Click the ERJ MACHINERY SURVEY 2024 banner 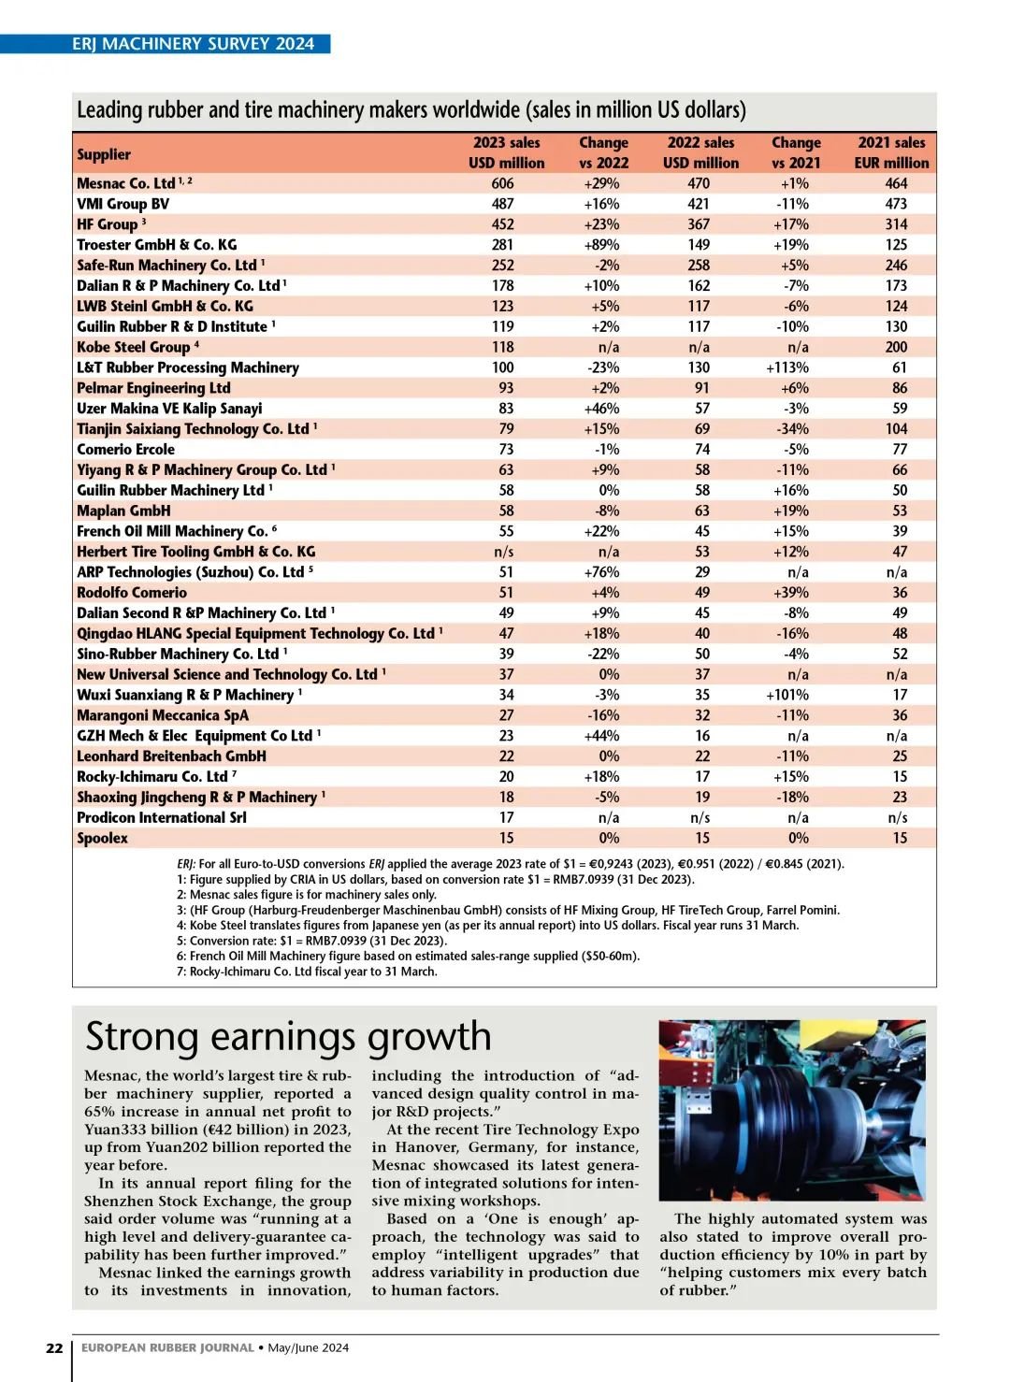pos(193,44)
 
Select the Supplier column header pos(104,154)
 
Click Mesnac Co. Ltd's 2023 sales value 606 pos(503,183)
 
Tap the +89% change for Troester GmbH pos(601,245)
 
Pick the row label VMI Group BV pos(123,204)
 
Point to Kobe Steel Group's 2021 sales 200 pos(896,347)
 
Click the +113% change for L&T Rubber pos(787,367)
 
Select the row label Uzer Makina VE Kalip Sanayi pos(169,409)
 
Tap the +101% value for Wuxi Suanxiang pos(787,695)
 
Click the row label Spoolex pos(102,838)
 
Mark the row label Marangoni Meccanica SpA pos(163,715)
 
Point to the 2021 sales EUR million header pos(891,152)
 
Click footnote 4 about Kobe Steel pos(487,925)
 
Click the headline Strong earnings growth pos(288,1036)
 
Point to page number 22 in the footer pos(54,1347)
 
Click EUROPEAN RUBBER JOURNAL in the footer pos(167,1347)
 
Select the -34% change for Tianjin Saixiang pos(792,429)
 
